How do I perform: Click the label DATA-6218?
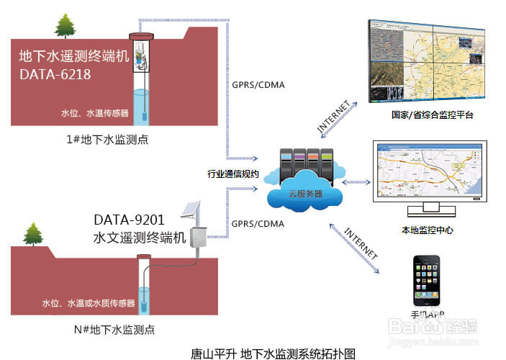(x=55, y=73)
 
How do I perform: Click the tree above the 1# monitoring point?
(x=65, y=26)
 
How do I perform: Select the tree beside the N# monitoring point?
(x=33, y=235)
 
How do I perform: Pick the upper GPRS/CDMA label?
(x=258, y=85)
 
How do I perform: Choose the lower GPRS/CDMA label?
(x=258, y=224)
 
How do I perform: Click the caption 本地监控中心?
(x=427, y=230)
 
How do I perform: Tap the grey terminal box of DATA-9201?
(x=198, y=238)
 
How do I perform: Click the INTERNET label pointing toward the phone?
(x=360, y=245)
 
